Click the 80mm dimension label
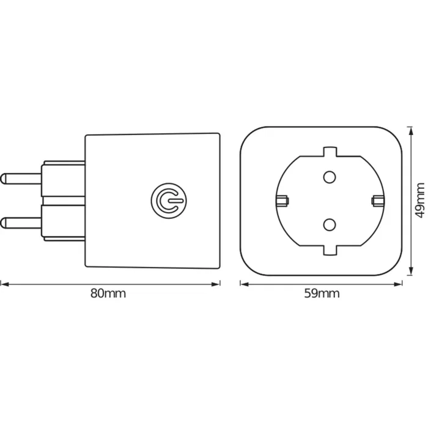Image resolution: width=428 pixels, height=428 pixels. click(108, 293)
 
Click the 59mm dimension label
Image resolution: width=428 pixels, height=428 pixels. click(322, 293)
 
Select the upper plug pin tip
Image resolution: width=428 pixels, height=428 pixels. click(5, 179)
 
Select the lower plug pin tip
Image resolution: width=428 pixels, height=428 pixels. click(5, 220)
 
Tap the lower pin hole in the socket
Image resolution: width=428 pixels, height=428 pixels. click(329, 223)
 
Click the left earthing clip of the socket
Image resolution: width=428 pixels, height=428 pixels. click(282, 200)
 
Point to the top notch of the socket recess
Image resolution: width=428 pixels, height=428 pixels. click(330, 150)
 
